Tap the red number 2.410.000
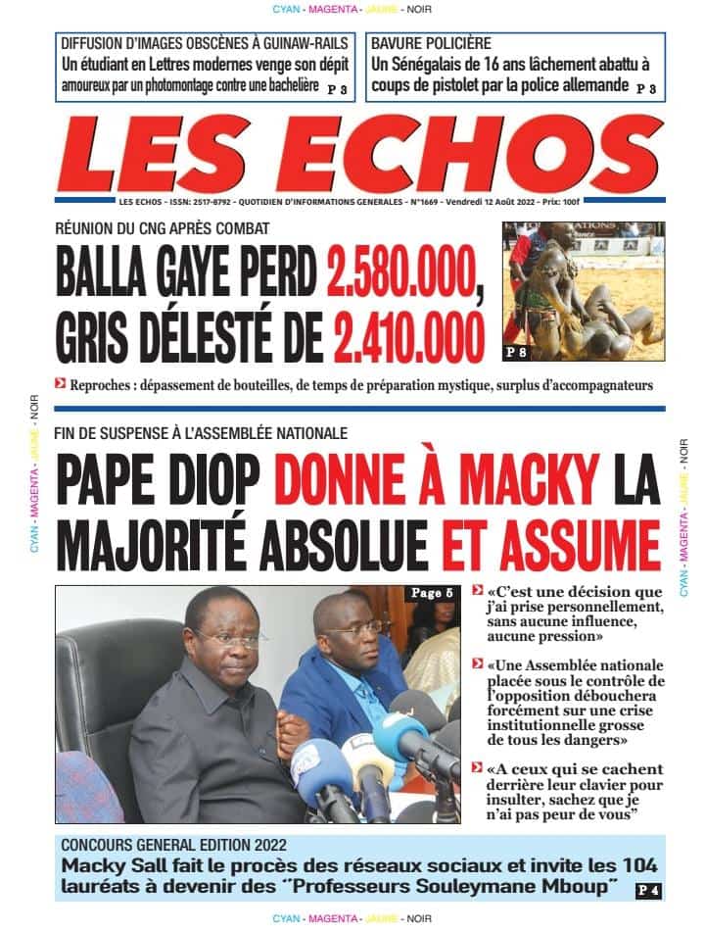tap(409, 336)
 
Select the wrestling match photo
tap(584, 290)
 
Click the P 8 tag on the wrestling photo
tap(517, 350)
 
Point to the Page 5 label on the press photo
tap(432, 593)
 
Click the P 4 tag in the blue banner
tap(647, 890)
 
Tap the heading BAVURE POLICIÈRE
tap(431, 44)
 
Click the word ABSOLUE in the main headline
tap(347, 541)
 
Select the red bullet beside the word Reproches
tap(61, 384)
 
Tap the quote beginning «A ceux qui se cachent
tap(567, 789)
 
